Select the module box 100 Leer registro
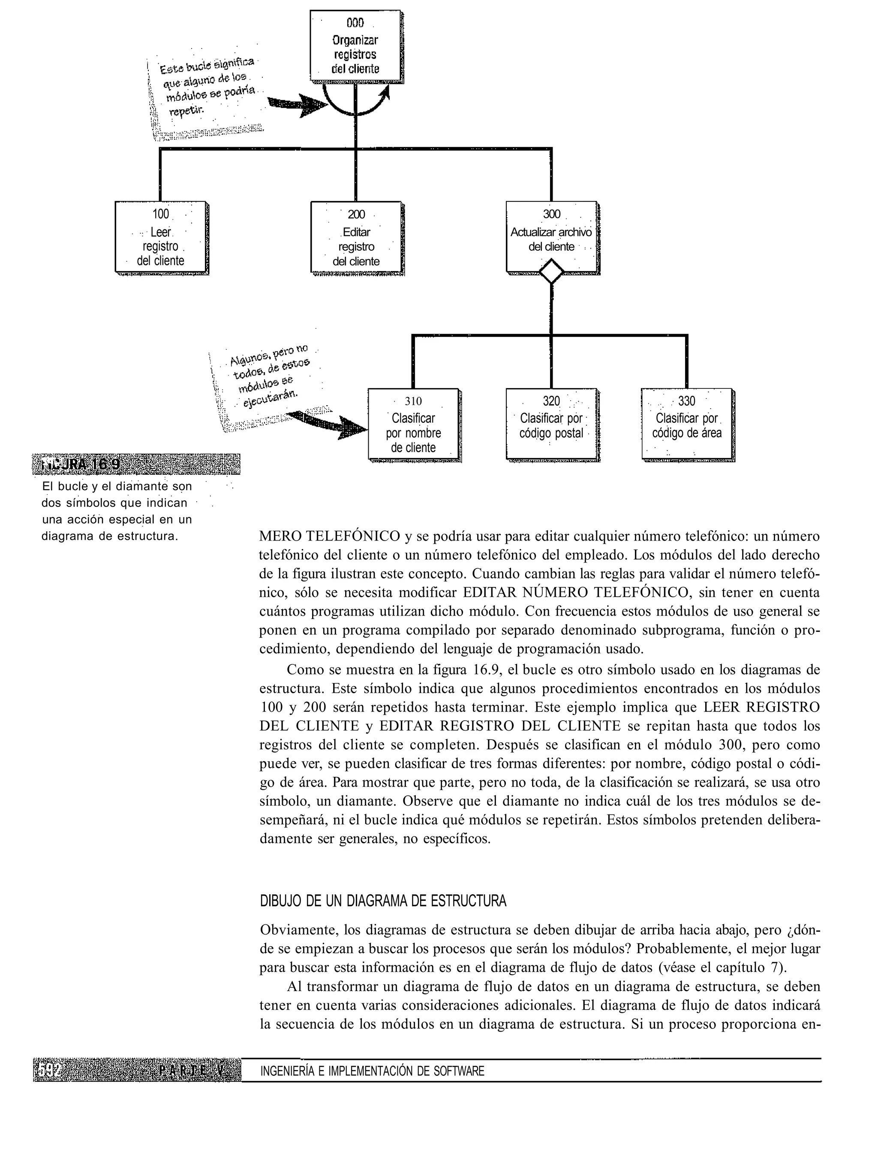click(x=160, y=238)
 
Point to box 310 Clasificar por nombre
click(x=413, y=425)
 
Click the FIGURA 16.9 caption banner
click(x=136, y=464)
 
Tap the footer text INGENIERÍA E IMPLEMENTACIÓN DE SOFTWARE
click(x=372, y=1071)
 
